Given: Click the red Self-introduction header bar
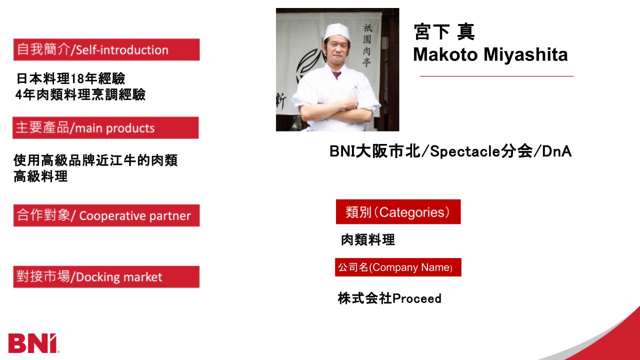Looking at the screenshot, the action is tap(106, 49).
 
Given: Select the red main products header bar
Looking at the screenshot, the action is tap(105, 127).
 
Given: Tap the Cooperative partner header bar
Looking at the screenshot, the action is tap(106, 215).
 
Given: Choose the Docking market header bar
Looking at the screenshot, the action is tap(106, 277).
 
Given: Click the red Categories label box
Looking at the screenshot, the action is tap(398, 211).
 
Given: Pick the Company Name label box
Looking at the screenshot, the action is tap(398, 267).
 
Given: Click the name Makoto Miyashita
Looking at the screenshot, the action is tap(490, 54).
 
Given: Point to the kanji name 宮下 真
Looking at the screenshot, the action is tap(444, 31).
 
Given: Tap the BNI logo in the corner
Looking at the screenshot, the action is tap(33, 343).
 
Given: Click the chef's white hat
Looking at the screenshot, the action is tap(336, 31).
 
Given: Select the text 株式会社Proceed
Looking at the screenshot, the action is tap(389, 298).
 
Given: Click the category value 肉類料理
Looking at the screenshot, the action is tap(368, 239).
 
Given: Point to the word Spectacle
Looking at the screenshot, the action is tap(465, 151).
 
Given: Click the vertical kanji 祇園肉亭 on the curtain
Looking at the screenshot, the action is tap(367, 45).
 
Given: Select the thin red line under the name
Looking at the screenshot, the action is tap(496, 76).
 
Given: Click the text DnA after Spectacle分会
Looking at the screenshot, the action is tap(557, 151).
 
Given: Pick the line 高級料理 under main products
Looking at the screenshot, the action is tap(40, 176).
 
